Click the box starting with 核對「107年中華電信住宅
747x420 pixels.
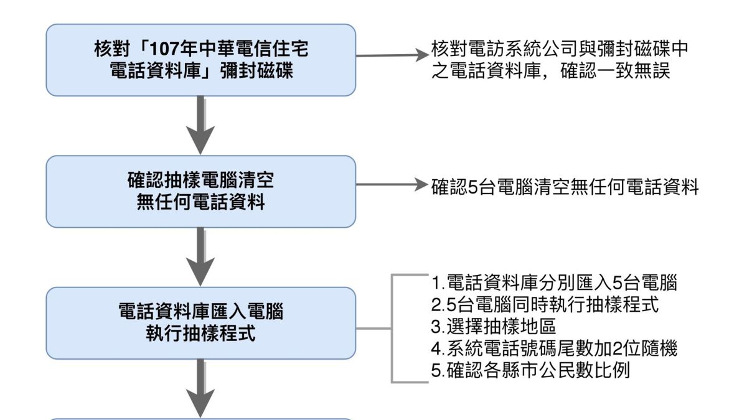pyautogui.click(x=200, y=60)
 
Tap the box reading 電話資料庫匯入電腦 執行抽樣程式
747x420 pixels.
pyautogui.click(x=200, y=322)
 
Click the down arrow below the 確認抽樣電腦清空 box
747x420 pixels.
pyautogui.click(x=200, y=256)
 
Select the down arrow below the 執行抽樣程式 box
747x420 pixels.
pyautogui.click(x=200, y=388)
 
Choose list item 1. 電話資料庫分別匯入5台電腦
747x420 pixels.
pyautogui.click(x=554, y=283)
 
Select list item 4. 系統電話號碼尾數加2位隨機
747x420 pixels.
pyautogui.click(x=554, y=348)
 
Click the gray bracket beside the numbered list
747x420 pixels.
pyautogui.click(x=392, y=328)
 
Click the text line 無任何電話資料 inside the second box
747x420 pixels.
pyautogui.click(x=200, y=202)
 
